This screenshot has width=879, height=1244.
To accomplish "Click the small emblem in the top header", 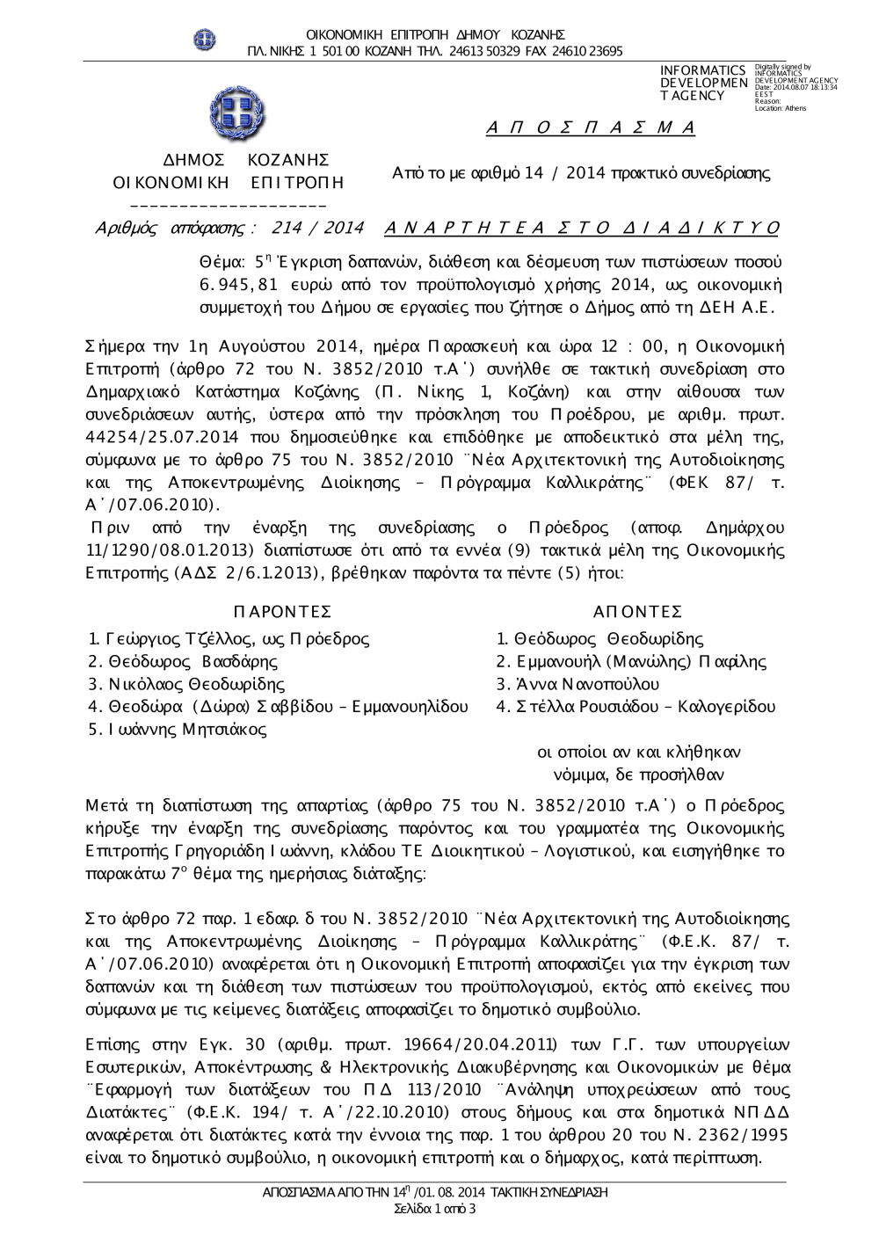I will (205, 39).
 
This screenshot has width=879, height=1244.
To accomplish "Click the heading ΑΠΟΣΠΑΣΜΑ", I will (590, 128).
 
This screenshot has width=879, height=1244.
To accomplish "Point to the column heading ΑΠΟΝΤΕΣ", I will (637, 612).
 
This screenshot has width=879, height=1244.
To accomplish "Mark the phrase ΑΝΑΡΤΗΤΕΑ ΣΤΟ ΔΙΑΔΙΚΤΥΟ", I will (582, 229).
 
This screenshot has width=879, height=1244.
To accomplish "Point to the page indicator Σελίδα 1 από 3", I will (436, 1209).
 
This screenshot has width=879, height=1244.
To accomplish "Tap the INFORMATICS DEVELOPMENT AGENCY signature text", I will (702, 83).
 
